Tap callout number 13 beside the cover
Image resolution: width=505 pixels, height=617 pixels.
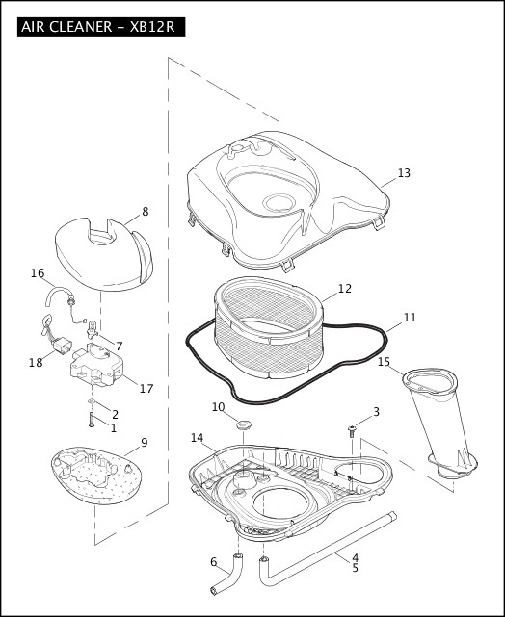pos(404,173)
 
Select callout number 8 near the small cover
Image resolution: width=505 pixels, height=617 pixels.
pos(145,211)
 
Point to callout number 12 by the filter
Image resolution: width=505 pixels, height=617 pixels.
pos(344,288)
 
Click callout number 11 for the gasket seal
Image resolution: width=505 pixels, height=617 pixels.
pos(410,317)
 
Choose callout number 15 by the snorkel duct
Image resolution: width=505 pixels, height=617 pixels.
pos(384,362)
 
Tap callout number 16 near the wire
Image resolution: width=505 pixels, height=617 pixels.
pos(38,273)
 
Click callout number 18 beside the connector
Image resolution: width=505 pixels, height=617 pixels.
pos(36,363)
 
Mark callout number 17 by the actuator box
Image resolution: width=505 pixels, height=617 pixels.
pos(146,389)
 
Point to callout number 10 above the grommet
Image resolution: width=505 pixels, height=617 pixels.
pos(218,407)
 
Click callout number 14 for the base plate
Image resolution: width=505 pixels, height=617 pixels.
pos(197,438)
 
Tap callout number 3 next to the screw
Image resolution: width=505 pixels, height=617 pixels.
pos(376,412)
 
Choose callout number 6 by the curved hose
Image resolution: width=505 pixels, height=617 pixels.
pos(213,562)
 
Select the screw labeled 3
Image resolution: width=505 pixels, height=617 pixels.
pos(352,430)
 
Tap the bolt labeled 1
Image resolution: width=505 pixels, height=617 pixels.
pos(89,420)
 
